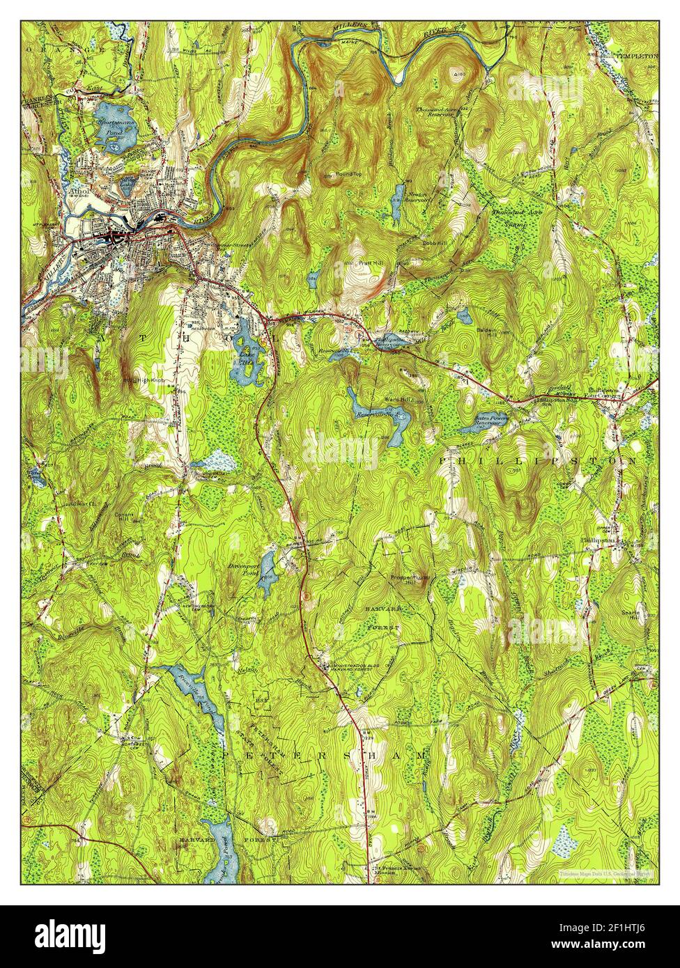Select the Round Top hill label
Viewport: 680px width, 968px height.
(345, 175)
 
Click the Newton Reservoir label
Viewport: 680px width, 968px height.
(418, 198)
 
